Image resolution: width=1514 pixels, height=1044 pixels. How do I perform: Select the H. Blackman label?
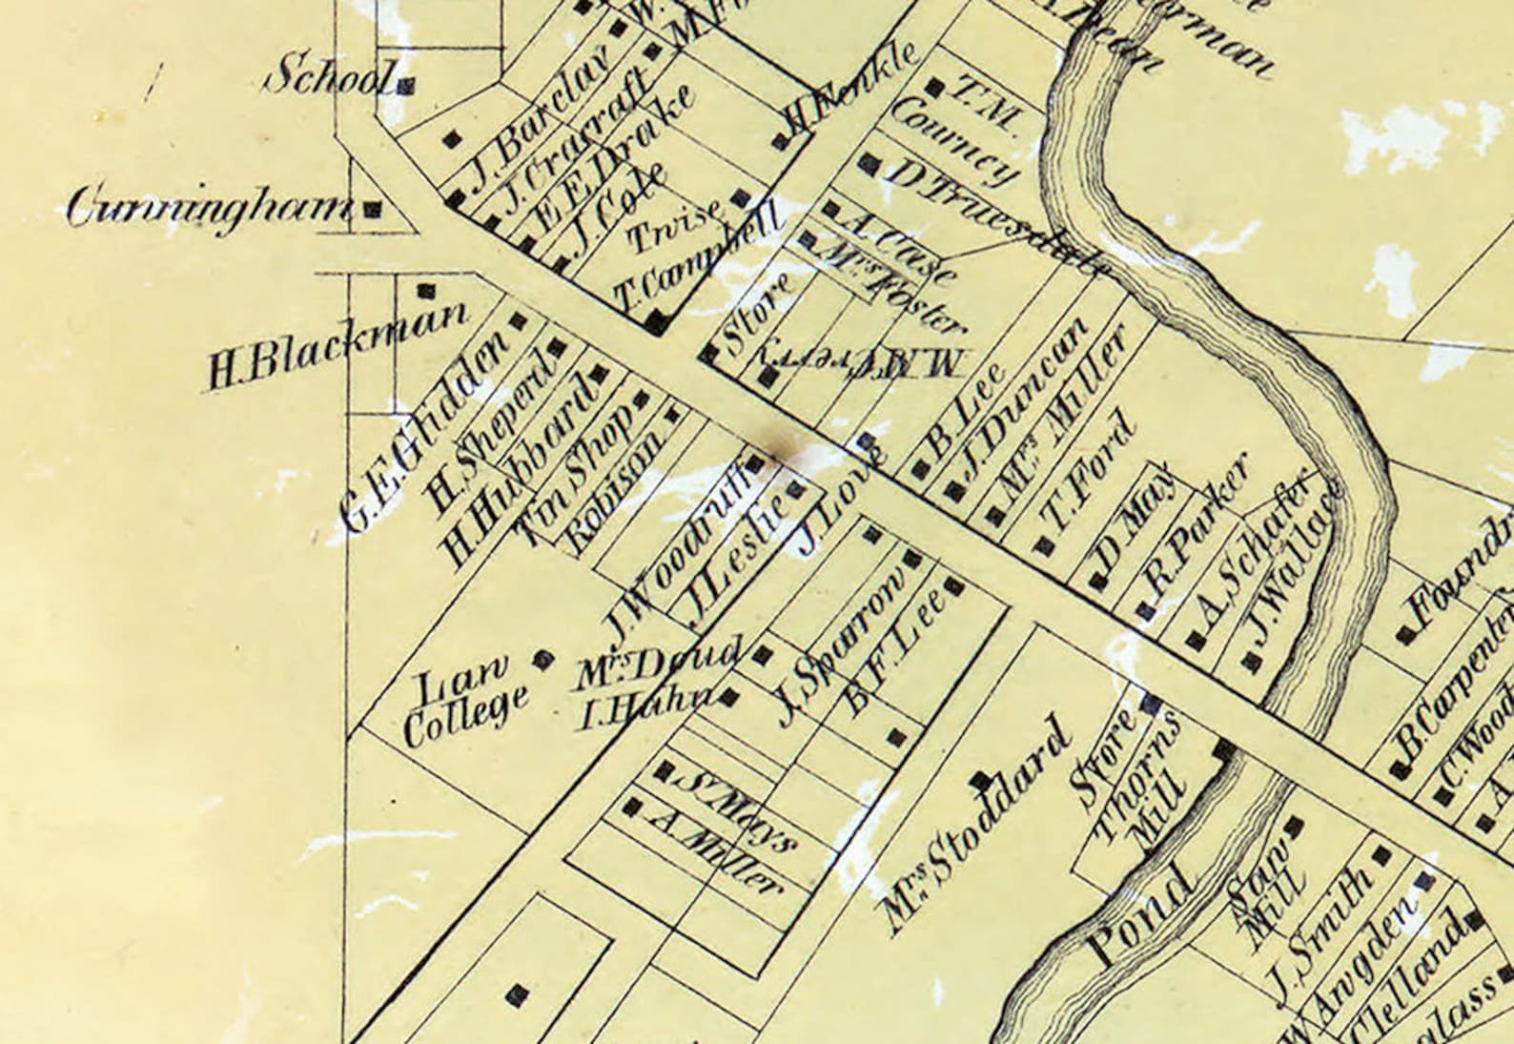pyautogui.click(x=338, y=345)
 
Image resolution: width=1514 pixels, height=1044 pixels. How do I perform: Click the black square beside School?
pyautogui.click(x=406, y=86)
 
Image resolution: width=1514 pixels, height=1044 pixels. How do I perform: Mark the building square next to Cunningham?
pyautogui.click(x=375, y=208)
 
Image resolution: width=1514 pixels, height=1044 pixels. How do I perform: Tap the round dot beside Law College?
pyautogui.click(x=542, y=658)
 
